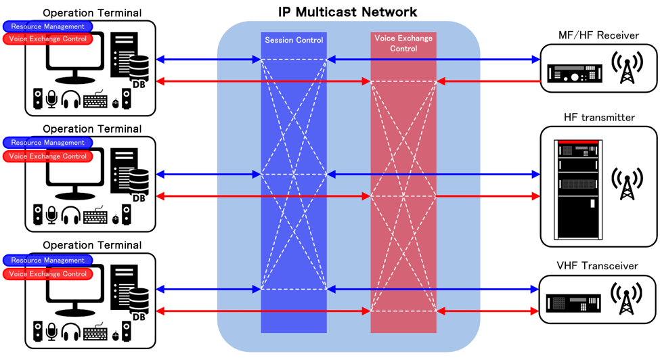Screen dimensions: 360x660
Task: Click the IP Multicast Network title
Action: [348, 12]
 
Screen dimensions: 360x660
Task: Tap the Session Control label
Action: [293, 40]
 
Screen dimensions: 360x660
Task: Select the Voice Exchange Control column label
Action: [403, 43]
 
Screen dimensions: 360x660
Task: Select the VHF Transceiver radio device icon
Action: [575, 302]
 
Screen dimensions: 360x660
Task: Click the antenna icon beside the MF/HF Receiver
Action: [628, 68]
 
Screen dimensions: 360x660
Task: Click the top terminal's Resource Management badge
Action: [47, 26]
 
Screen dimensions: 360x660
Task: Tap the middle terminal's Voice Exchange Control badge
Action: [47, 156]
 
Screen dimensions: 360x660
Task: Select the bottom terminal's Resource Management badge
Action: [47, 261]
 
